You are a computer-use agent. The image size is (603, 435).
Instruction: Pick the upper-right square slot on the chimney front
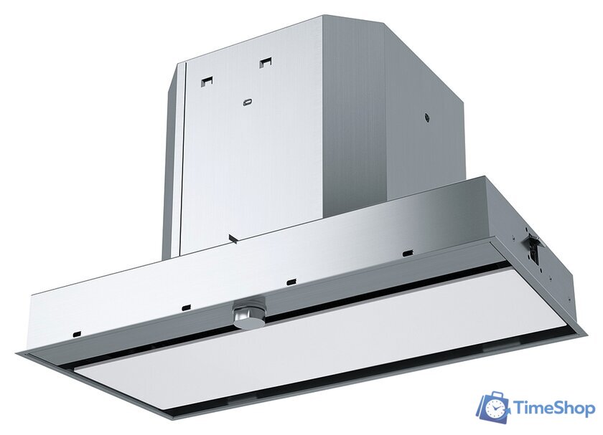click(266, 62)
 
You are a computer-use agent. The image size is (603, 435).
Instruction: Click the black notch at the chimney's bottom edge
click(232, 237)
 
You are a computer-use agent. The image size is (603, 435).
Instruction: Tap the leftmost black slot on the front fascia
click(76, 333)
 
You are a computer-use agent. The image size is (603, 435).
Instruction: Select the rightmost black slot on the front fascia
click(407, 252)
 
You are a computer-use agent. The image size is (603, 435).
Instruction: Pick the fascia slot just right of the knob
click(291, 281)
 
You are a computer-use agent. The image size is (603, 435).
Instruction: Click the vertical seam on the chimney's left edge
click(182, 158)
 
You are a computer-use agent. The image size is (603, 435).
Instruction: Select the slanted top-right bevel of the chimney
click(424, 57)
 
